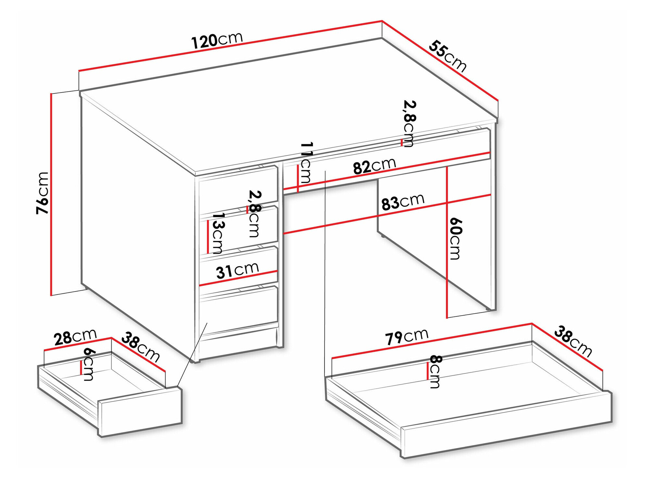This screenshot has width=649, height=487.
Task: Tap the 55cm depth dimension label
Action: coord(447,56)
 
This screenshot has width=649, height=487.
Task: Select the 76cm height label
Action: coord(43,193)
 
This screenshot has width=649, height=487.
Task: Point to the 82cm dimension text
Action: coord(374,166)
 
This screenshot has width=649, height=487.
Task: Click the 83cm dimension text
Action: coord(403,202)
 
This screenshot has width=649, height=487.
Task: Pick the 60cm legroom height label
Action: coord(455,239)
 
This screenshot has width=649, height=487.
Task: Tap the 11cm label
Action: coord(306,162)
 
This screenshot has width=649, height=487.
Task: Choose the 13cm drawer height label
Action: coord(217,233)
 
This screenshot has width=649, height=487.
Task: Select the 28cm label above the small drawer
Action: coord(75,337)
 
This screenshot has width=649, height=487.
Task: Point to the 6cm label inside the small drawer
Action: coord(88,364)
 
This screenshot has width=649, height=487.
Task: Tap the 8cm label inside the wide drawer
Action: coord(435,371)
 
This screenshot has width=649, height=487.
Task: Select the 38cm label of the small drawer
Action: coord(141,347)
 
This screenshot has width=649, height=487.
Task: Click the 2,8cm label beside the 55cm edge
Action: coord(409,123)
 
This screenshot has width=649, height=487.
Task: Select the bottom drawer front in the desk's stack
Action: coord(239,308)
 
